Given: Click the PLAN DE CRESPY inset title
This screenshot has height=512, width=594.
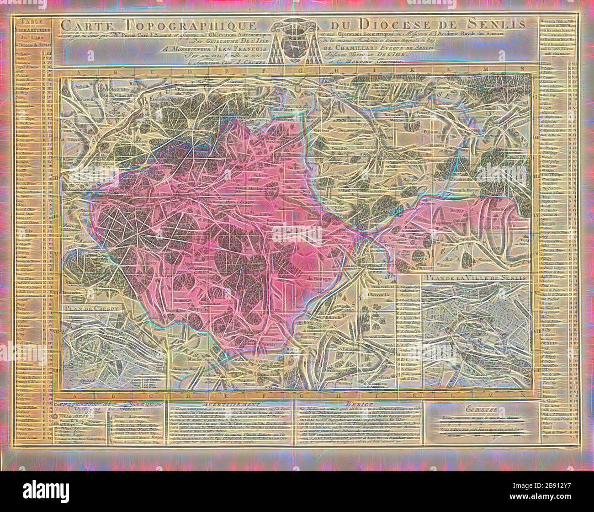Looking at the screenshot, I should (x=87, y=308).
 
